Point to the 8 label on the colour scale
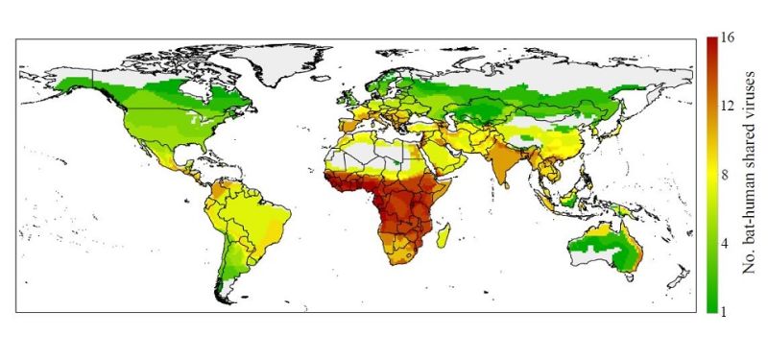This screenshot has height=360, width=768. tap(727, 175)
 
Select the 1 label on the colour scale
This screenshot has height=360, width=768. tap(727, 309)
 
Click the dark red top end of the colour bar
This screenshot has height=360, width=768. tap(711, 43)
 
